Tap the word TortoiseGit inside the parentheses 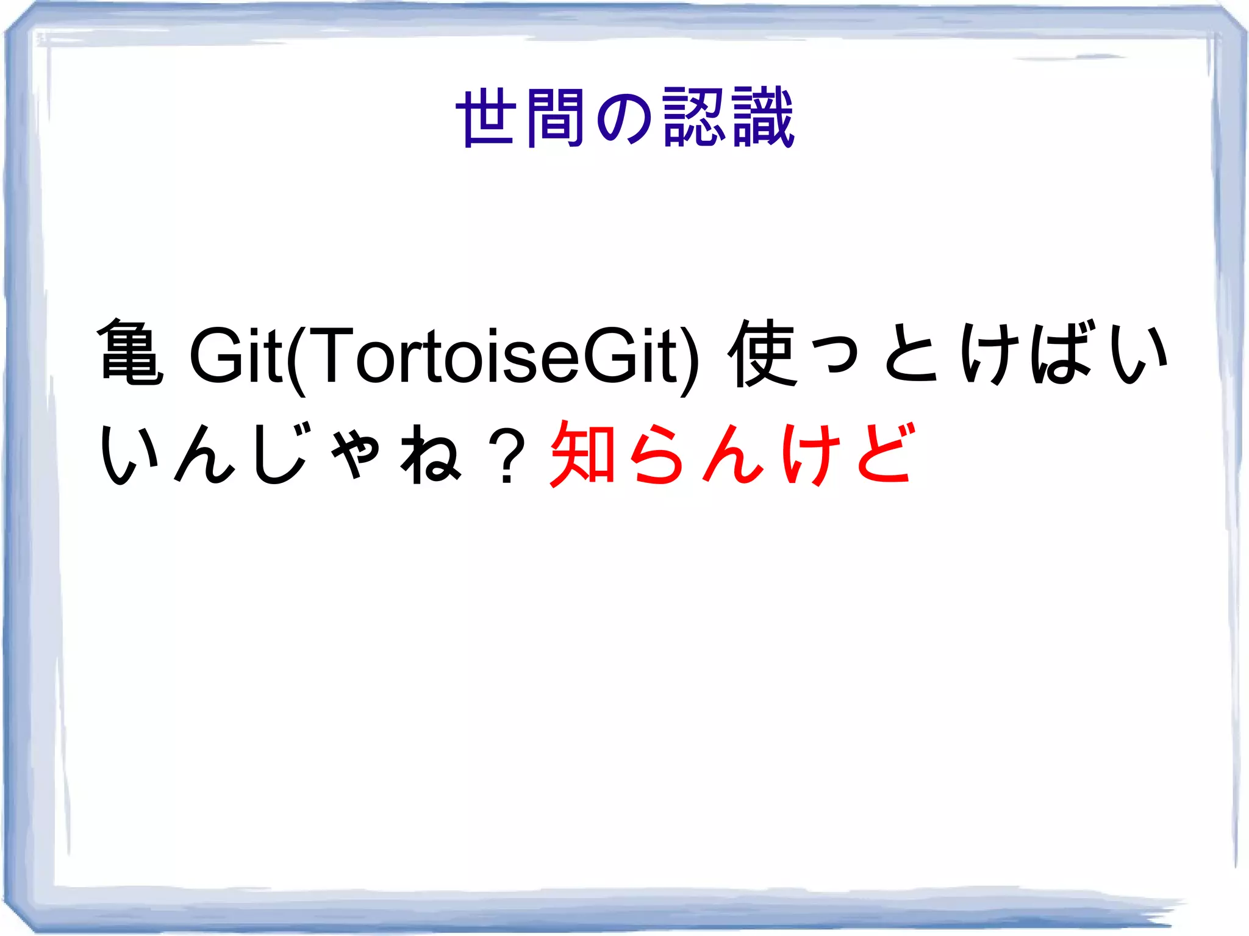pyautogui.click(x=485, y=355)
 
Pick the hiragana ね pyautogui.click(x=431, y=454)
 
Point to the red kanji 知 pyautogui.click(x=583, y=454)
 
